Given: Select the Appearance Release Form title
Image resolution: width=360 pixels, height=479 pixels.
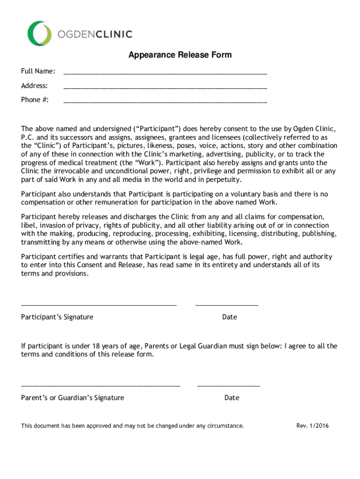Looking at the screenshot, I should (180, 55).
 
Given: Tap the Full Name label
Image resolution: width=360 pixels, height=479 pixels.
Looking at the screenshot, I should (38, 71).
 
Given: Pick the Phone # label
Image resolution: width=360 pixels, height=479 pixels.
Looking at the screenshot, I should (35, 100).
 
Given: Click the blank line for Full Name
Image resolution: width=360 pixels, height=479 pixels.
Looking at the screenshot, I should (165, 73).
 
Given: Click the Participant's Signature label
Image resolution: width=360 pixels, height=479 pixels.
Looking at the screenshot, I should (57, 317).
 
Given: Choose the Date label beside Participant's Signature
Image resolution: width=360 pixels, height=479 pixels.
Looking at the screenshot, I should (230, 317).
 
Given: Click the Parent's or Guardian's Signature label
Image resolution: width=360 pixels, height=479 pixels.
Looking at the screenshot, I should (72, 398).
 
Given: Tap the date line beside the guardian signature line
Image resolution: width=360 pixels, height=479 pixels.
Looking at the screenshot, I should (229, 385).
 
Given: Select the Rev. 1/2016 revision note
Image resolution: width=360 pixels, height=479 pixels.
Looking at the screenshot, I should (312, 426).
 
